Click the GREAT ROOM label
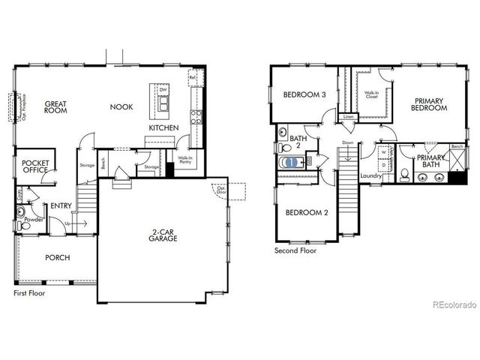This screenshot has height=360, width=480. click(x=56, y=108)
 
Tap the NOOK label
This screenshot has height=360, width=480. click(x=121, y=107)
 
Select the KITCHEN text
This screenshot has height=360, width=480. click(x=163, y=128)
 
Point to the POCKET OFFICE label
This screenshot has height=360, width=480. click(x=35, y=166)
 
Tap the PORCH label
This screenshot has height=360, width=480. click(x=57, y=258)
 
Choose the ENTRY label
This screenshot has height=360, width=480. click(x=61, y=205)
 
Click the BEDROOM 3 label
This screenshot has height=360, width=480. click(x=304, y=95)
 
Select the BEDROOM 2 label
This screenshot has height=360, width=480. click(x=307, y=213)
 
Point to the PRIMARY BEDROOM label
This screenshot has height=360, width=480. click(x=429, y=104)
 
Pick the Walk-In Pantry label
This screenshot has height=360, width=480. click(x=185, y=159)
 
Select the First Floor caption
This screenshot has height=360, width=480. click(x=29, y=293)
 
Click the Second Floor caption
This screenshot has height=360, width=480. click(x=296, y=250)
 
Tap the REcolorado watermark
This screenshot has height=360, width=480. click(x=452, y=304)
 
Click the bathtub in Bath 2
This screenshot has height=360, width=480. click(x=289, y=162)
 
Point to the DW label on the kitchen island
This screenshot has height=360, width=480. click(x=163, y=91)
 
